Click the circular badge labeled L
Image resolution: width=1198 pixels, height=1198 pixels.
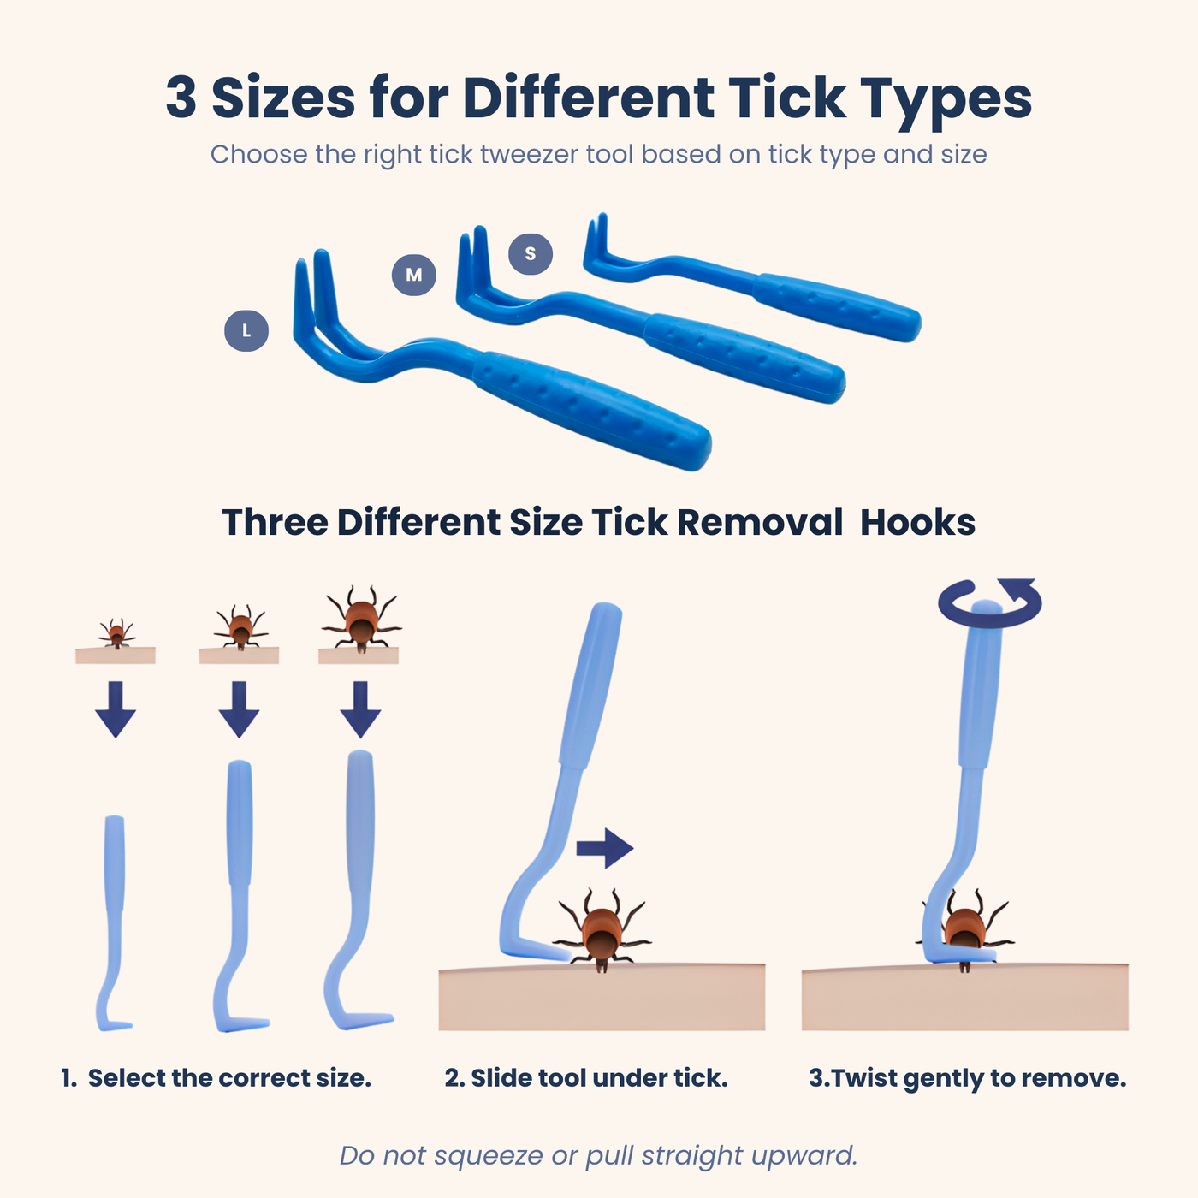(246, 331)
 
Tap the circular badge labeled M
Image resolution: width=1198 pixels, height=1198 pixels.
(414, 275)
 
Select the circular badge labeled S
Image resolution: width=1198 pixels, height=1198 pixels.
(531, 253)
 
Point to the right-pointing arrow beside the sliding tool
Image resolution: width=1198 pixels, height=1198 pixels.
(605, 848)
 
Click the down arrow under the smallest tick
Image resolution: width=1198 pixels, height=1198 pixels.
(116, 709)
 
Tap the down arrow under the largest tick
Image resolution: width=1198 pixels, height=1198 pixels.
(360, 709)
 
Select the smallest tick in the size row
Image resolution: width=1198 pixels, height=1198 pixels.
(116, 633)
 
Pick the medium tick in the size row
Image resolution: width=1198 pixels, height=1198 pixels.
(240, 626)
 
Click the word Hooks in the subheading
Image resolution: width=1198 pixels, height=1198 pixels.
(917, 522)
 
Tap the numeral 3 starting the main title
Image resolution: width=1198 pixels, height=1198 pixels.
(181, 98)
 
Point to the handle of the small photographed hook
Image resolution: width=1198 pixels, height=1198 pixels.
(837, 307)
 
